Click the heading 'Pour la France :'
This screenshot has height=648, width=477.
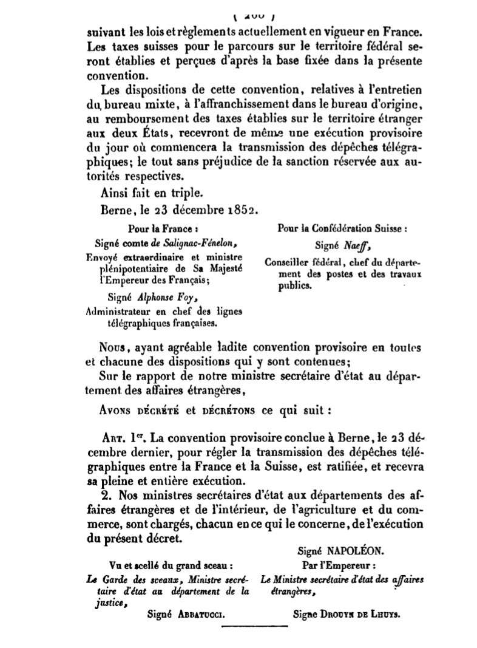pos(163,230)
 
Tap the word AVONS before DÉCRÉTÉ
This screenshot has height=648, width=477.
pos(117,409)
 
